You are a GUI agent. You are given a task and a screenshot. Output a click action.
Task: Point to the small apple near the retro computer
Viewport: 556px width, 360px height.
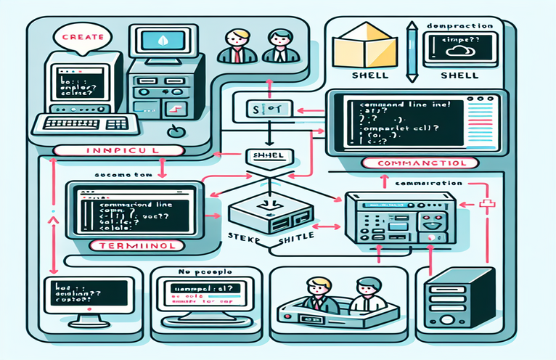point(173,132)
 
